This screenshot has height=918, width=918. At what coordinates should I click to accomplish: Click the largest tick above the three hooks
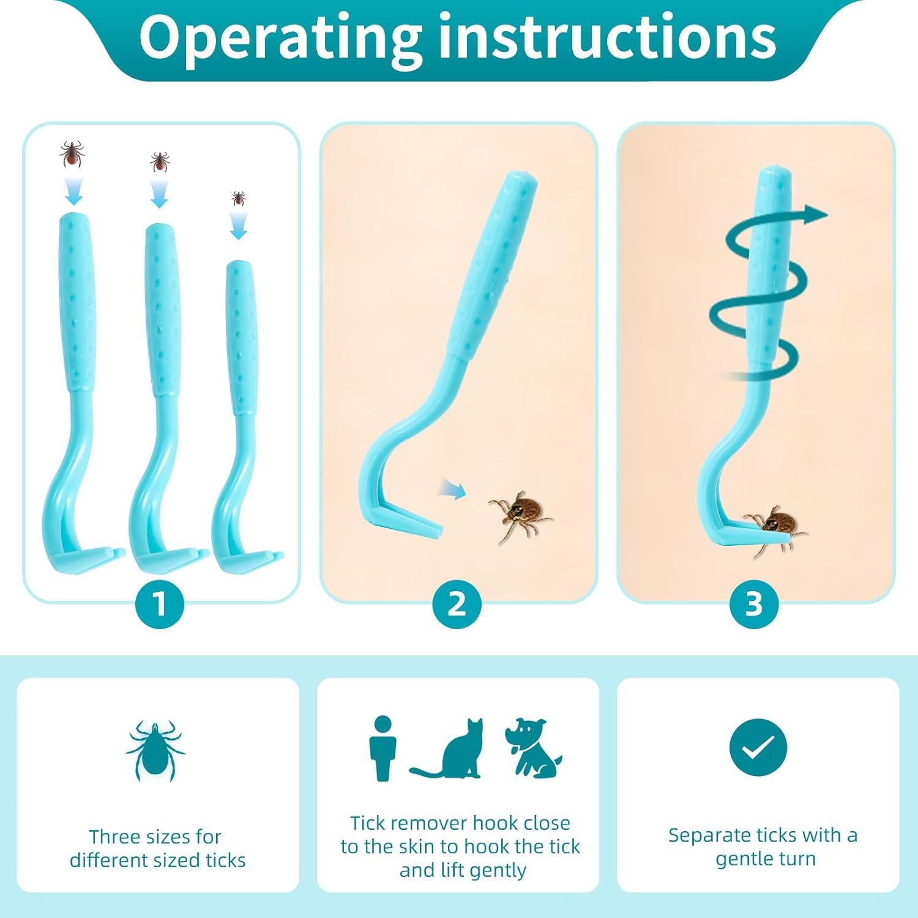(72, 154)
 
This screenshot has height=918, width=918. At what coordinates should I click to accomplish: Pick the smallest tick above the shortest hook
(238, 198)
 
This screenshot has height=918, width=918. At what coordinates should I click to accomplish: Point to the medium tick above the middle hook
(160, 162)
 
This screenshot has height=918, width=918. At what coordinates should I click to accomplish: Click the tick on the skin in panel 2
(520, 514)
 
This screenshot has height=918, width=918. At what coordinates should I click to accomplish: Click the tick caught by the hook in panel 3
(775, 528)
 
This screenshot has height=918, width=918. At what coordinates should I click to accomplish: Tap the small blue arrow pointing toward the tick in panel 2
(452, 489)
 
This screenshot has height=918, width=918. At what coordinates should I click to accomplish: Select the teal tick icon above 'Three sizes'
(155, 750)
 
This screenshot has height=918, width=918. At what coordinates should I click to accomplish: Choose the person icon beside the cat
(382, 748)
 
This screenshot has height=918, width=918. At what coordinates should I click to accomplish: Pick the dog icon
(531, 748)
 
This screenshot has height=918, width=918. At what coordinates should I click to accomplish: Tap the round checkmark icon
(758, 747)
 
